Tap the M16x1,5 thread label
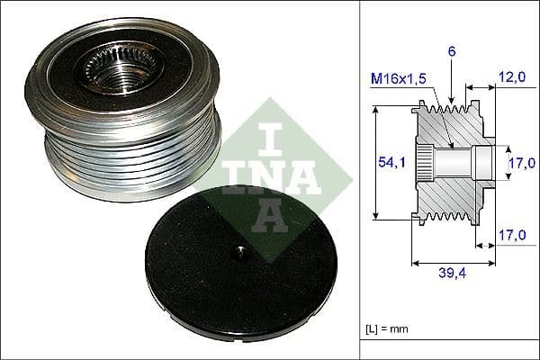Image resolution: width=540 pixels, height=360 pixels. click(x=400, y=80)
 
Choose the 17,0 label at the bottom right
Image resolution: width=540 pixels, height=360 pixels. click(x=511, y=236)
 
